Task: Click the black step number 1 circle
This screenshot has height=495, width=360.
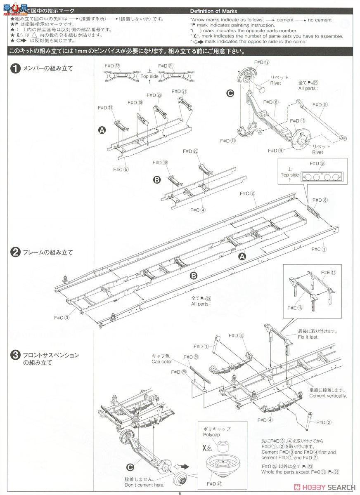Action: [15, 69]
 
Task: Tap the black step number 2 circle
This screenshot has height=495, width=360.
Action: [15, 252]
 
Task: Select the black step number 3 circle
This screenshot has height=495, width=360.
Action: [15, 355]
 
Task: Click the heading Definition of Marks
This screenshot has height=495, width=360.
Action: [213, 11]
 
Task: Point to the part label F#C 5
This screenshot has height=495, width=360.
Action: [121, 169]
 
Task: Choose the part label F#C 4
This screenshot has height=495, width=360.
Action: [197, 210]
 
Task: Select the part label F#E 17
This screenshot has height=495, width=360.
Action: [329, 273]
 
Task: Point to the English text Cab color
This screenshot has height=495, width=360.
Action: [161, 362]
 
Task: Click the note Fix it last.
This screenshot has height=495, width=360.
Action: [308, 337]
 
